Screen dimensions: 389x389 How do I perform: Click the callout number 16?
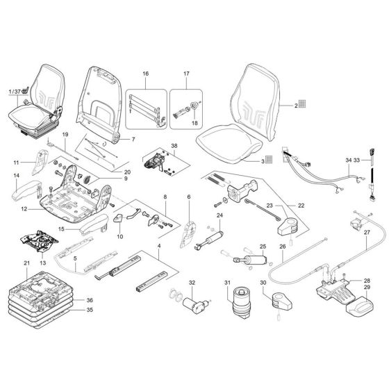click(145, 73)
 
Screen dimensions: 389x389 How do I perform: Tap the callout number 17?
click(186, 73)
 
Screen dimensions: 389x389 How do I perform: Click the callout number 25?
click(263, 246)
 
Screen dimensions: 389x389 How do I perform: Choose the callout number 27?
click(367, 233)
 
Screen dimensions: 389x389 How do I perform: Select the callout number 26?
click(283, 246)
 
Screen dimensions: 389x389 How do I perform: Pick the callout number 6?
click(189, 197)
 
